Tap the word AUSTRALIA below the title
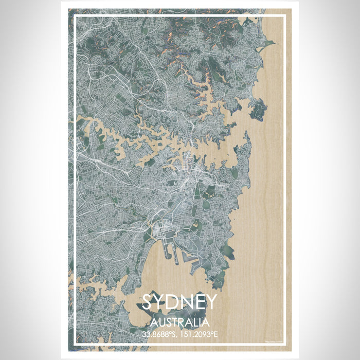[x=180, y=323]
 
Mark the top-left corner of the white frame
[x=75, y=16]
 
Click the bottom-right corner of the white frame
[x=284, y=344]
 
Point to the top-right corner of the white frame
[x=284, y=16]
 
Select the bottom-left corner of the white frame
[x=75, y=344]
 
